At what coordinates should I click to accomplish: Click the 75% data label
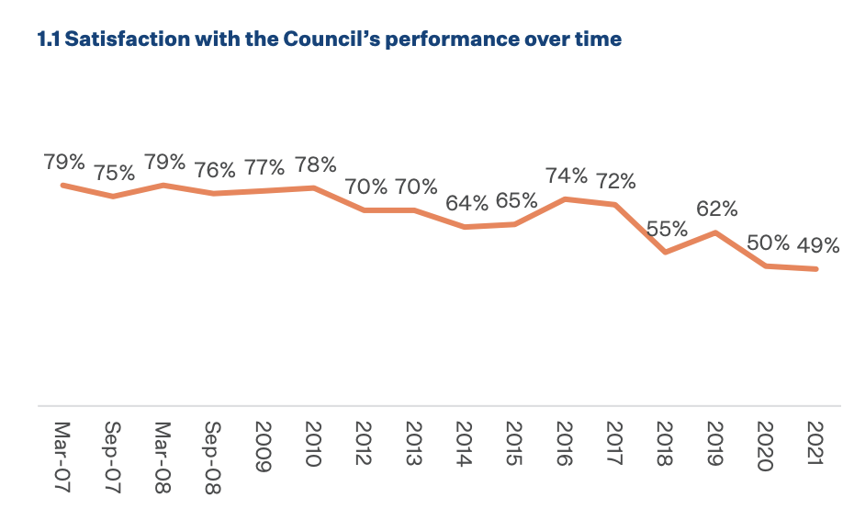point(114,173)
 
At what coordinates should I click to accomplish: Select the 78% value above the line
point(315,165)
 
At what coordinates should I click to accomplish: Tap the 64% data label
point(466,203)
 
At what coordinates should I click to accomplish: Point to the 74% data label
point(567,175)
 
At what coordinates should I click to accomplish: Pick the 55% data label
point(668,229)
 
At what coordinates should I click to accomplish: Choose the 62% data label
point(717,209)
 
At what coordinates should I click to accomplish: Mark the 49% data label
point(818,245)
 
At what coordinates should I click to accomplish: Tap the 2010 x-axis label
point(314,445)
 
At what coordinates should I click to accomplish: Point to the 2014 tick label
point(466,445)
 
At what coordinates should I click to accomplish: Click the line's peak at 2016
point(567,198)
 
